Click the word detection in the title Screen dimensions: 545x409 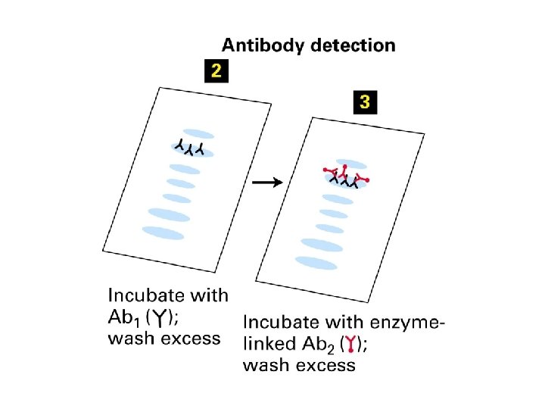point(352,45)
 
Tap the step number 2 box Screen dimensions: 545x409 point(216,72)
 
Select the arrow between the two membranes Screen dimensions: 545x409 point(267,182)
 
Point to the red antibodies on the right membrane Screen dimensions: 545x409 point(344,173)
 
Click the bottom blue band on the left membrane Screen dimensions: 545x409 point(163,233)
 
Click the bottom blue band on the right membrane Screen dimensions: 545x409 point(316,263)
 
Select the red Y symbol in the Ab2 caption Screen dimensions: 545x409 point(353,346)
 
